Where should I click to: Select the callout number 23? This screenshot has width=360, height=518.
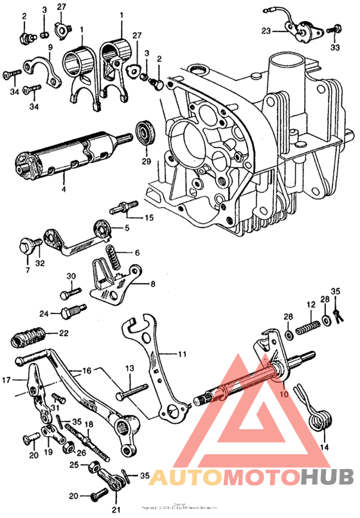tap(267, 30)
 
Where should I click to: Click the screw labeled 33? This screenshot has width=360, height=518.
tap(335, 28)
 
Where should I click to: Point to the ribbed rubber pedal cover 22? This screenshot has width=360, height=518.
tap(29, 335)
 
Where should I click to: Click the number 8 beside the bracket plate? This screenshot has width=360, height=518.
tap(152, 284)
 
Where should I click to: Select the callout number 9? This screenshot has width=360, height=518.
tap(50, 47)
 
